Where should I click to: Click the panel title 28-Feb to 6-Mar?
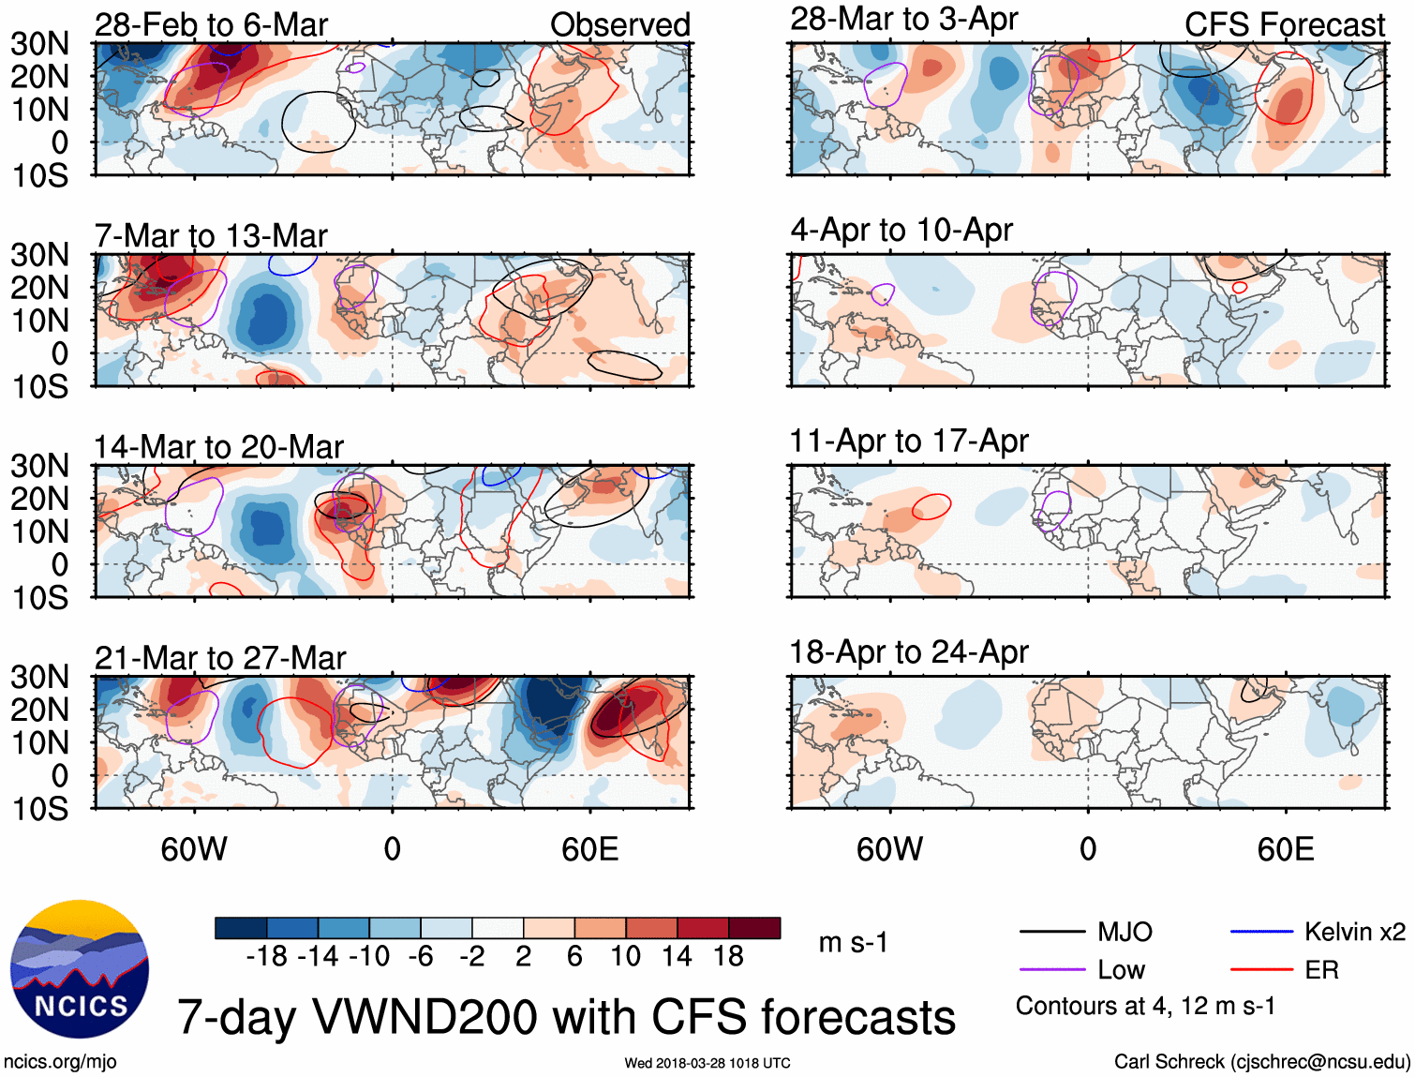click(211, 25)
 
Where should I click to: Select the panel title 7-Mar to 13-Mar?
click(211, 236)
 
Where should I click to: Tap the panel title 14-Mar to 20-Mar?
click(218, 447)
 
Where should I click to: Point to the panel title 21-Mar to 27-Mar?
click(220, 658)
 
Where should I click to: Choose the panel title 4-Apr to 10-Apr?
click(901, 230)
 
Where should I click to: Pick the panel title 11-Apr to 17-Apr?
click(909, 441)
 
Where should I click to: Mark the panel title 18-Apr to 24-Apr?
click(909, 651)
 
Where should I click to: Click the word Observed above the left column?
click(620, 25)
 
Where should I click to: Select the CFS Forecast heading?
click(1284, 25)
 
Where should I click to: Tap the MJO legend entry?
click(1125, 932)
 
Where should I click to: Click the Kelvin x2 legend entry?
click(1354, 932)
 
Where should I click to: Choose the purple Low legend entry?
click(1122, 970)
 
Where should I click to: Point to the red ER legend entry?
click(1321, 970)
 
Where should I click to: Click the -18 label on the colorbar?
click(266, 956)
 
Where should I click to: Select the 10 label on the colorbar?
click(625, 956)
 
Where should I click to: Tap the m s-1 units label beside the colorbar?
click(853, 942)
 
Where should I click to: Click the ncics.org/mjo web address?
click(60, 1061)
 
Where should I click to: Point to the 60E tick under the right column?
click(1285, 849)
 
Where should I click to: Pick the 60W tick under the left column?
click(194, 849)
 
